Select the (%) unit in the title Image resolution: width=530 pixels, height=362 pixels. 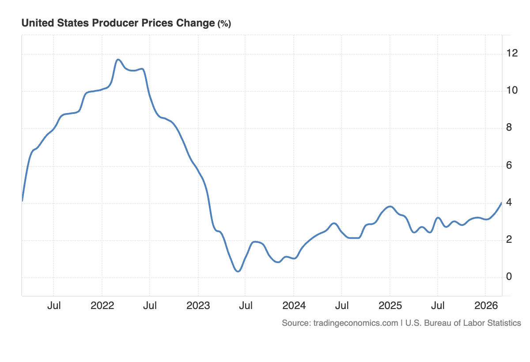point(224,24)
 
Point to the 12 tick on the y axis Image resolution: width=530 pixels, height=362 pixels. point(512,54)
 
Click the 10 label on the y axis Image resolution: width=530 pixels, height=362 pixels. point(512,91)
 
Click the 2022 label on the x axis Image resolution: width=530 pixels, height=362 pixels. point(102,305)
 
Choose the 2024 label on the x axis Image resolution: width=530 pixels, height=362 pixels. point(294,305)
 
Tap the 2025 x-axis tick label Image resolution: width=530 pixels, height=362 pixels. point(390,305)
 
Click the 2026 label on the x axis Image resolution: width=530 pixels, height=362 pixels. point(486,305)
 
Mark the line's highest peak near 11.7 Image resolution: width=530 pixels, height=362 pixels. point(118,60)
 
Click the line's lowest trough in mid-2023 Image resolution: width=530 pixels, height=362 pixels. point(238,271)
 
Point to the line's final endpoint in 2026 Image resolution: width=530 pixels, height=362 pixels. point(501,203)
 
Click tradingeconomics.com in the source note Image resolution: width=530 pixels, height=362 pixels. point(356,323)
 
